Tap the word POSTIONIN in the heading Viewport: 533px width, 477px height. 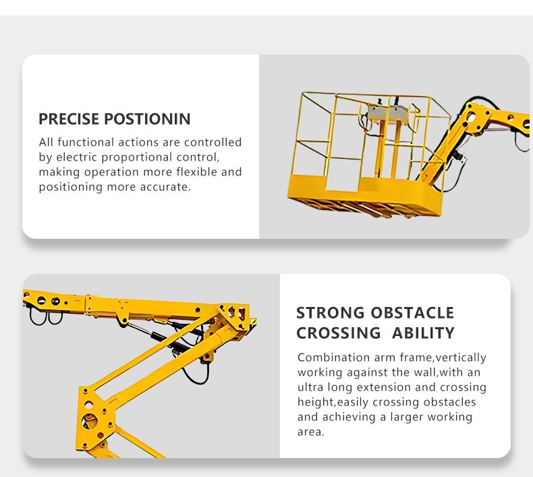(x=147, y=119)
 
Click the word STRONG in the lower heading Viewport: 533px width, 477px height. (x=330, y=313)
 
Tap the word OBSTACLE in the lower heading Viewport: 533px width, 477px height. (x=412, y=313)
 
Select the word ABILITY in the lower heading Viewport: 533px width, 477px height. (x=423, y=333)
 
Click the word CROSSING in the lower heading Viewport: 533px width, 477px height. (x=338, y=333)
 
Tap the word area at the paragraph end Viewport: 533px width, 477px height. (x=310, y=432)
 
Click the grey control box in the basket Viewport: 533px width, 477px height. (x=387, y=114)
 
